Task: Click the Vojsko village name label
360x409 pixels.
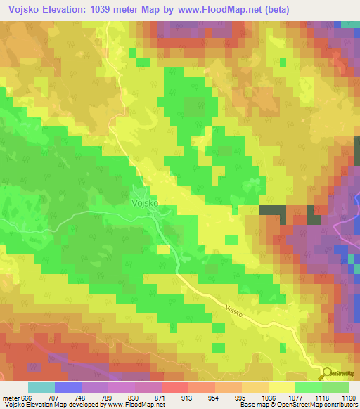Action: [145, 202]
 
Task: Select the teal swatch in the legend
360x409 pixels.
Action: [41, 387]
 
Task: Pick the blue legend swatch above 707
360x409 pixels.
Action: [68, 387]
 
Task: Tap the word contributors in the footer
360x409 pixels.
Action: [340, 405]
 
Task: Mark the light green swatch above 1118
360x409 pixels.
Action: [309, 387]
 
